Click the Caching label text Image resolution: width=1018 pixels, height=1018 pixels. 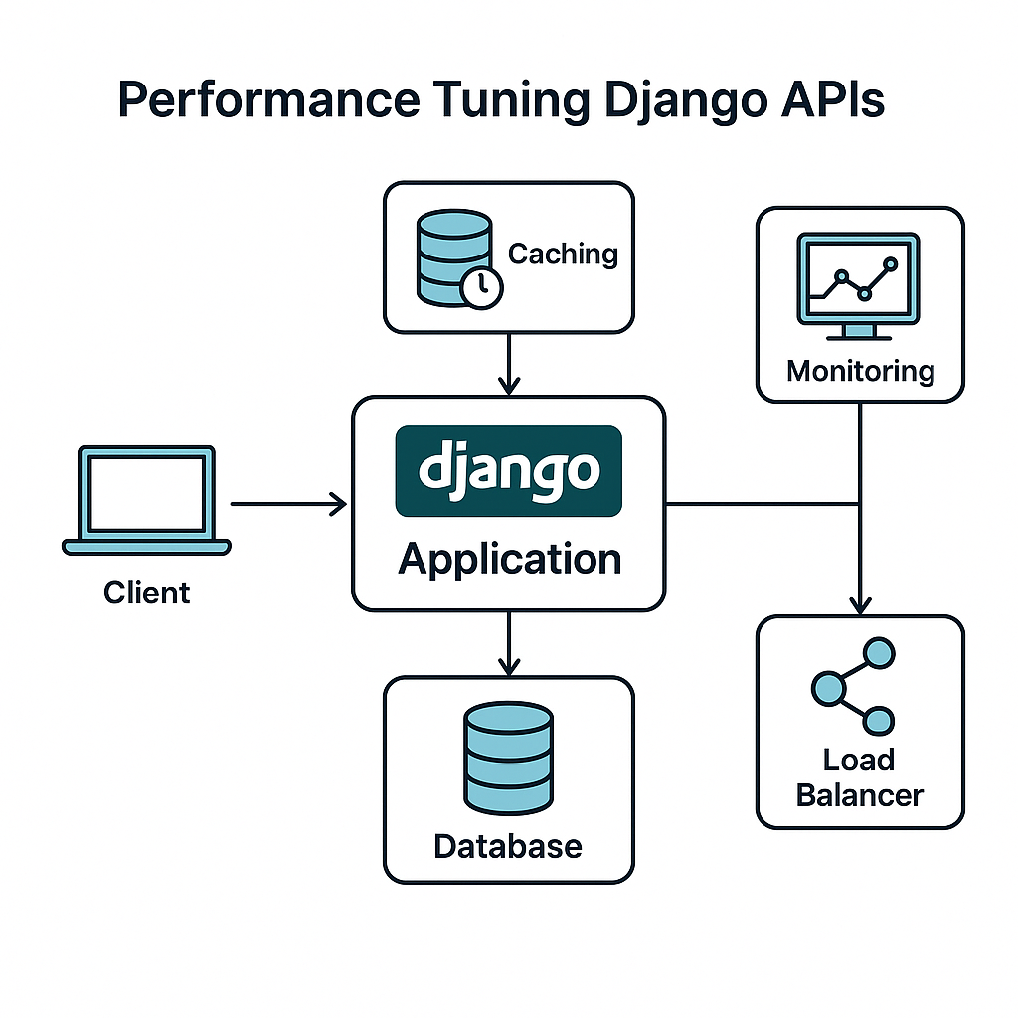click(563, 254)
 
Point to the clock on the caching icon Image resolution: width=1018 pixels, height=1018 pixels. click(482, 286)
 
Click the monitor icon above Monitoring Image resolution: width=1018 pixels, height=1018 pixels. click(859, 279)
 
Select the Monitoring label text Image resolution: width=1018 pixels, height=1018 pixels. click(860, 372)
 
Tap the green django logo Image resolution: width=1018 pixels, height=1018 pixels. click(508, 471)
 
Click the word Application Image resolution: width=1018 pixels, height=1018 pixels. click(509, 559)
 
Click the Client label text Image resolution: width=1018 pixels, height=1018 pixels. click(146, 594)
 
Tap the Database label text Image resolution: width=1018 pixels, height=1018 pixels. click(508, 846)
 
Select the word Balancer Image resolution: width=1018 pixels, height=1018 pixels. click(860, 795)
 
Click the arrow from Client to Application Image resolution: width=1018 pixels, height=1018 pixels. click(288, 505)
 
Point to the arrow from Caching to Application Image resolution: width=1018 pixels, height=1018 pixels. click(508, 364)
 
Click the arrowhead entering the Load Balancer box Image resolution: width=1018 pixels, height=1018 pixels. click(860, 604)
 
